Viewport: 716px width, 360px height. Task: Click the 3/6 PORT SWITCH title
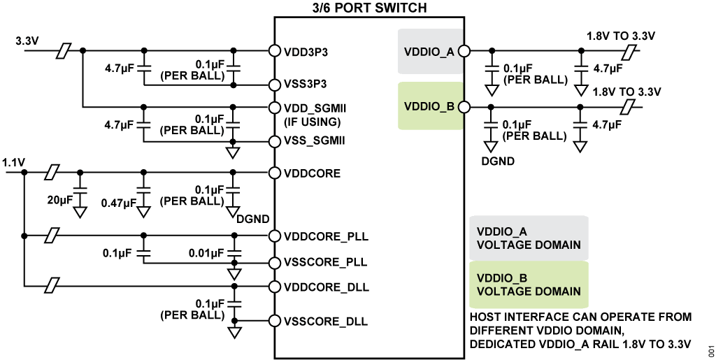(x=367, y=8)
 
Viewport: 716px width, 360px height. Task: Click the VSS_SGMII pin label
(x=316, y=140)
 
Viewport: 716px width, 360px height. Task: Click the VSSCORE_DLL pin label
(x=326, y=322)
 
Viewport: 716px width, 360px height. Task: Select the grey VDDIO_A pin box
(x=429, y=51)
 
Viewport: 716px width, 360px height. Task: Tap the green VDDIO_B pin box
(x=429, y=106)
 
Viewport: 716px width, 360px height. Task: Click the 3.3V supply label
(x=27, y=41)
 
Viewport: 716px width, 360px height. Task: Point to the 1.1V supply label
(x=14, y=162)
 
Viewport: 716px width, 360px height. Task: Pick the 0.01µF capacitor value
(x=206, y=252)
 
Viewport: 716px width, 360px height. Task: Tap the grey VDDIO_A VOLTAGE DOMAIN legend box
(x=529, y=238)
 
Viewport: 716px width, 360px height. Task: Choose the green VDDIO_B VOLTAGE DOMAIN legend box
(x=529, y=284)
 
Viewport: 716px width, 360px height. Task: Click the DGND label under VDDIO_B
(x=499, y=161)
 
